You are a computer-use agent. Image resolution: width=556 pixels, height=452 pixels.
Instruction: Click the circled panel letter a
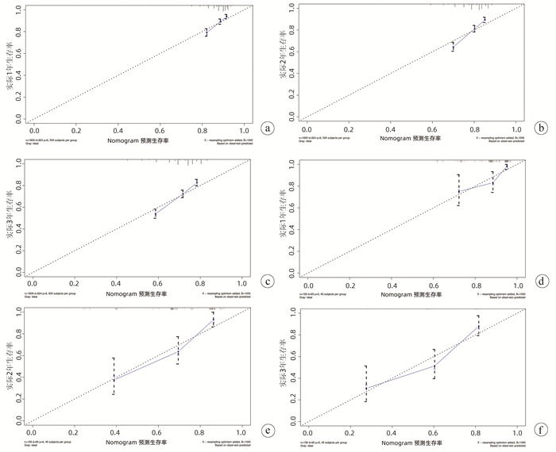[269, 127]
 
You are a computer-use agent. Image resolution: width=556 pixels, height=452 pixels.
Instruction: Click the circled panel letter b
[541, 127]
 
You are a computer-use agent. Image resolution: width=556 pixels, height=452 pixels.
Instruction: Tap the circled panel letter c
[269, 281]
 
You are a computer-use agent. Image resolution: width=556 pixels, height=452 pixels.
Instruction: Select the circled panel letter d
[542, 281]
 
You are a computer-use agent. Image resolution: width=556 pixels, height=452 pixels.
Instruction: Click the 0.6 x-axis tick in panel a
[160, 128]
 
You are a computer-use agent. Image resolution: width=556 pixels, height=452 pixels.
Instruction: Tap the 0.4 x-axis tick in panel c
[118, 282]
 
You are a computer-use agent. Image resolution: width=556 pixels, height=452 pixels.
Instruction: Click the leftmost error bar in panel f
[365, 383]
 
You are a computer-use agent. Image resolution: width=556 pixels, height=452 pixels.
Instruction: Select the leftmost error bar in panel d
[458, 190]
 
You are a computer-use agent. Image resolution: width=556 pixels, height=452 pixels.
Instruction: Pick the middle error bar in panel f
[434, 363]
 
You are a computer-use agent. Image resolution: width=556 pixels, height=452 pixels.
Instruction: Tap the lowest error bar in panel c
[155, 213]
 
